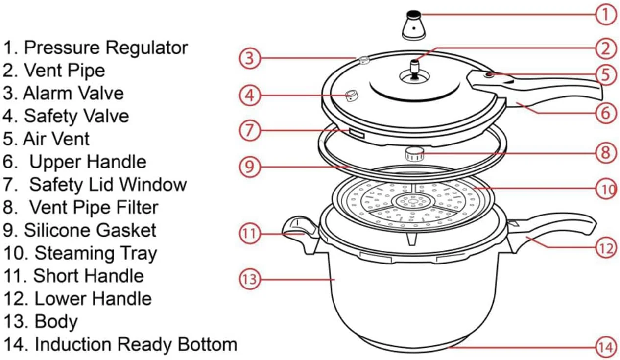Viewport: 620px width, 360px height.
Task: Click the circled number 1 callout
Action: pyautogui.click(x=606, y=14)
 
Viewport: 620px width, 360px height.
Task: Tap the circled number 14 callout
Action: pyautogui.click(x=606, y=348)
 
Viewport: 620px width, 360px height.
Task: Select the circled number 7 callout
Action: pyautogui.click(x=250, y=130)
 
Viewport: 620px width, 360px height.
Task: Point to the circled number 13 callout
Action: pyautogui.click(x=250, y=279)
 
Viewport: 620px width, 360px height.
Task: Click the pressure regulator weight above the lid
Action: pyautogui.click(x=414, y=25)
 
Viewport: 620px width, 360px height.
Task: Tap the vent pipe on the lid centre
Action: pyautogui.click(x=414, y=70)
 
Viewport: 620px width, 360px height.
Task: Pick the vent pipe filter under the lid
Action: pyautogui.click(x=415, y=154)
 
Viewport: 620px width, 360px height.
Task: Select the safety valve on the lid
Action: pyautogui.click(x=352, y=95)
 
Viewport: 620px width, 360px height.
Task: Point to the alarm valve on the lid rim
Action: pyautogui.click(x=364, y=60)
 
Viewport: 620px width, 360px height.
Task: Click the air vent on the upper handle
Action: pyautogui.click(x=489, y=74)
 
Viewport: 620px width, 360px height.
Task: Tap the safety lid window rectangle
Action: pyautogui.click(x=357, y=133)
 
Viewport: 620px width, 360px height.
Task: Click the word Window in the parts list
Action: pyautogui.click(x=153, y=185)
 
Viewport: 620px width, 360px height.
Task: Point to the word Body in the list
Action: pyautogui.click(x=56, y=322)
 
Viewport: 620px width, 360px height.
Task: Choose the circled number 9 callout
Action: pyautogui.click(x=250, y=167)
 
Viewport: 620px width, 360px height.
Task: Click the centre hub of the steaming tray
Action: pyautogui.click(x=412, y=201)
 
